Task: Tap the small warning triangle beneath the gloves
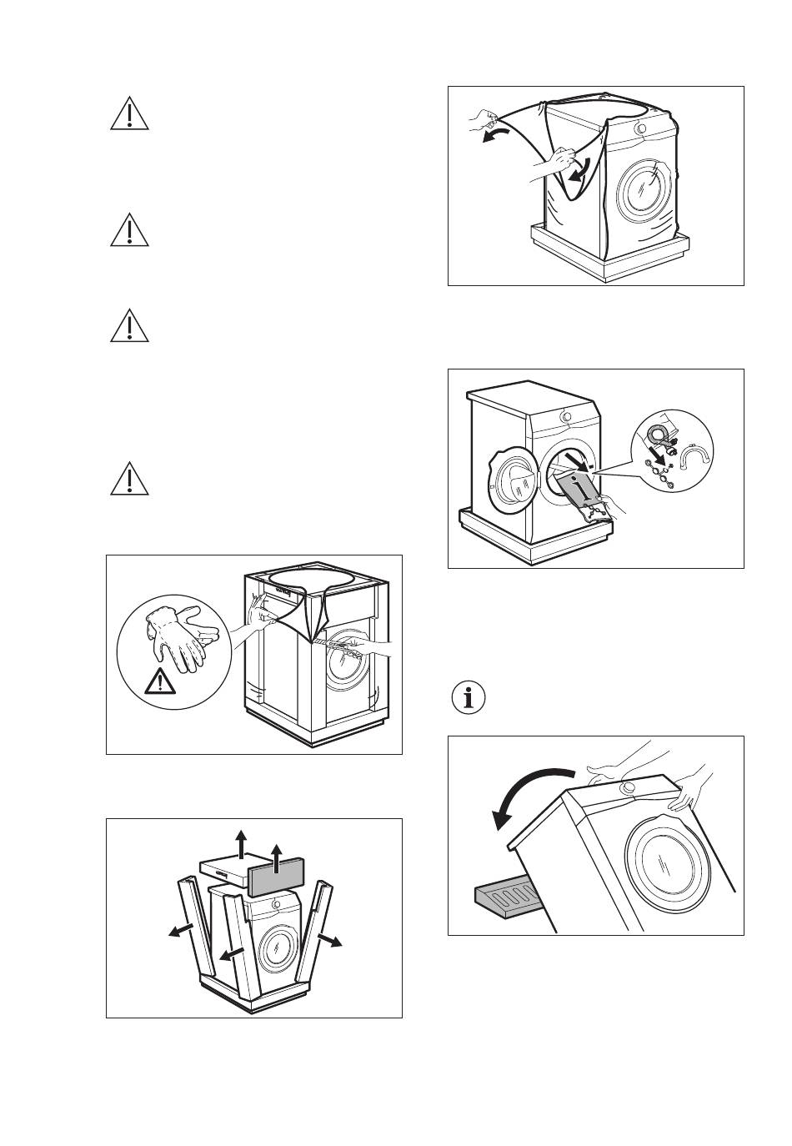coord(158,683)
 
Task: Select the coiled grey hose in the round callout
coord(658,432)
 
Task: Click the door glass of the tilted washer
coord(669,862)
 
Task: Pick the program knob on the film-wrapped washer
coord(639,129)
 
